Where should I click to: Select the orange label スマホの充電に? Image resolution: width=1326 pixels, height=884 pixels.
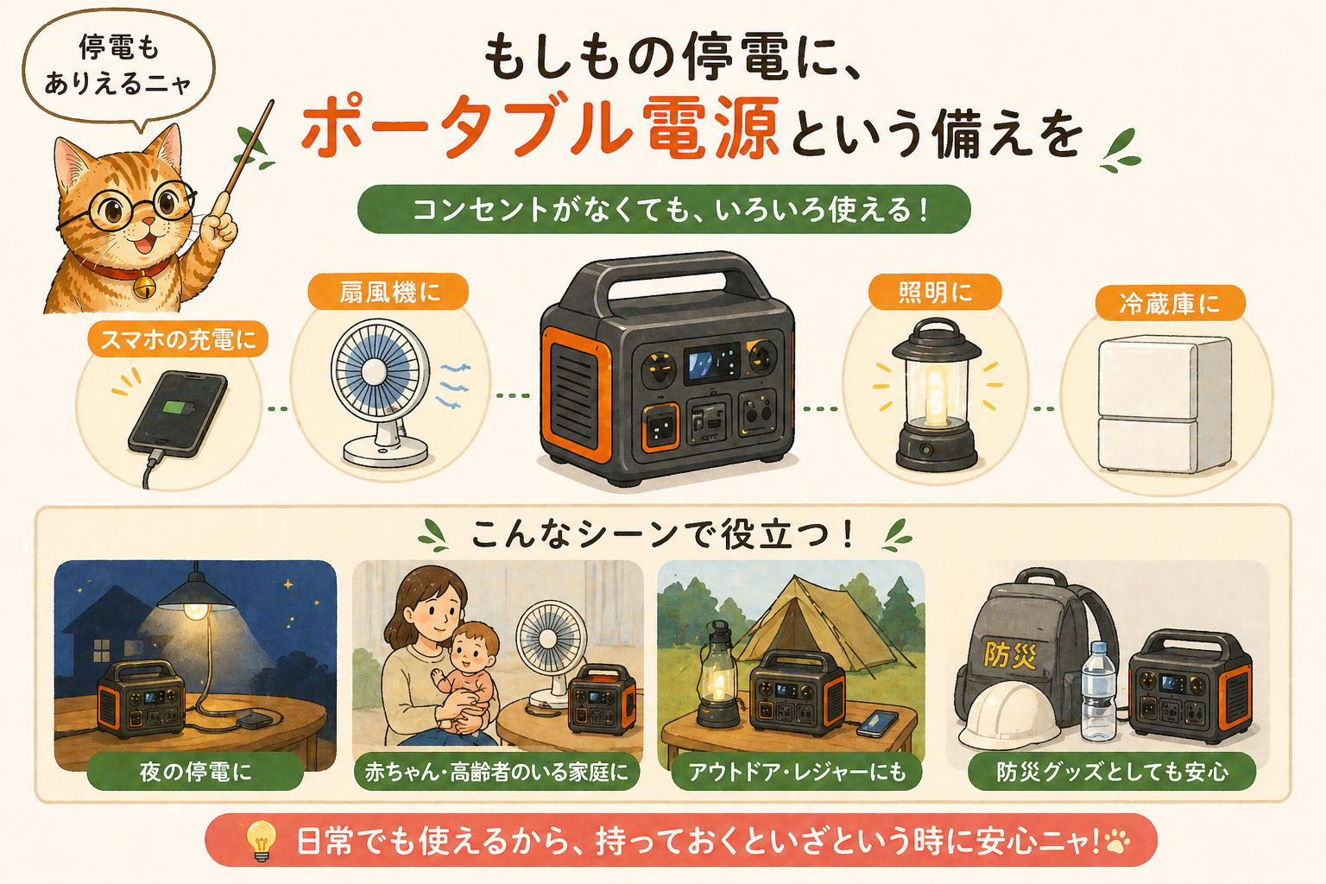click(178, 340)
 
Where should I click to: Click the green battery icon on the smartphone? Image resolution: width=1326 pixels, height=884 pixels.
click(174, 408)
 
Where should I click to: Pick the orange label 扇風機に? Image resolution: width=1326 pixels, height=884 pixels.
click(388, 292)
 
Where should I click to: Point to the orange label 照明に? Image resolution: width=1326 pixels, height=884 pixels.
click(935, 292)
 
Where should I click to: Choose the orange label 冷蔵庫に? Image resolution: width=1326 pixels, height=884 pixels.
click(1170, 304)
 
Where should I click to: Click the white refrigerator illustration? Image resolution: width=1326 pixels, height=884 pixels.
click(1165, 404)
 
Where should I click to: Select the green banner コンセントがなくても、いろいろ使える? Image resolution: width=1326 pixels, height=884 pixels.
click(664, 209)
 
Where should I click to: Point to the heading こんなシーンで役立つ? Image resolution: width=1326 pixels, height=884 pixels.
click(663, 534)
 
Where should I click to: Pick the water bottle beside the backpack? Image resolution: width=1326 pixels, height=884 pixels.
click(1099, 691)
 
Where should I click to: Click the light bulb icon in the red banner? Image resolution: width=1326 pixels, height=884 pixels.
click(261, 840)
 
